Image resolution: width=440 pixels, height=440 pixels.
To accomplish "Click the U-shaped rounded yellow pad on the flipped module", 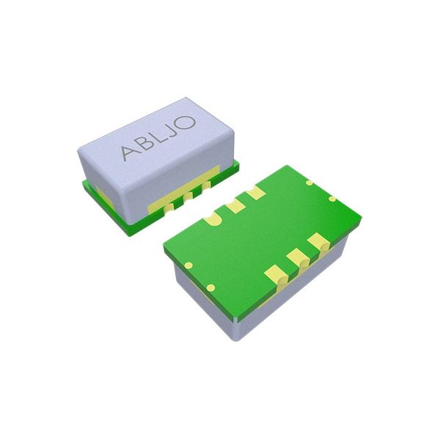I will point(215,219).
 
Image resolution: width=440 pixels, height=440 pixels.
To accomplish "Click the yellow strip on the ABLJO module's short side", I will point(100,194).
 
